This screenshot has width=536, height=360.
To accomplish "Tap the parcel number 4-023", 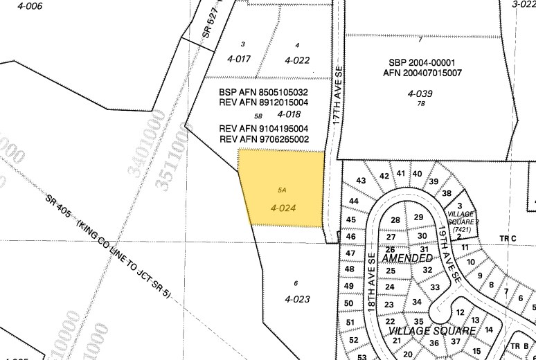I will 296,299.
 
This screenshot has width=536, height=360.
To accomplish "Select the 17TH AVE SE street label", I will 338,96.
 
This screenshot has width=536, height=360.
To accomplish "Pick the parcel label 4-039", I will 420,93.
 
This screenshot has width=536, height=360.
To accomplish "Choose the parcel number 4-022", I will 296,60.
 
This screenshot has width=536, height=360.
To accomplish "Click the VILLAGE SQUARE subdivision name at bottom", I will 431,331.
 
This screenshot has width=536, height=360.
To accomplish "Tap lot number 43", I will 360,181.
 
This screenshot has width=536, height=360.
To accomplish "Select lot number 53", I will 362,356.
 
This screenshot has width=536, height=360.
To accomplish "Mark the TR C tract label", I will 509,239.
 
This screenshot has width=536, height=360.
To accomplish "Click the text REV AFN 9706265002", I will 264,139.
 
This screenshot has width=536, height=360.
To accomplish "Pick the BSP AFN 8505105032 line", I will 263,92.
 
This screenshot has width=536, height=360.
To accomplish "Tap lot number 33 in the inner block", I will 435,287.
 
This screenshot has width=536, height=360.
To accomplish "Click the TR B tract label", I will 519,346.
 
